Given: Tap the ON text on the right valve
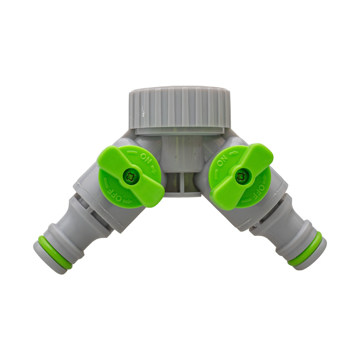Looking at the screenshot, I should coord(221,159).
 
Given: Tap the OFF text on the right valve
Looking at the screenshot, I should coord(261,188).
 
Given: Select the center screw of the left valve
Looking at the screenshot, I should coord(131,176).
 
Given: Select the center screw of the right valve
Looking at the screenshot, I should coord(241,176).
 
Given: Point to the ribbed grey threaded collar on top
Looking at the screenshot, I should coord(179,108).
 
